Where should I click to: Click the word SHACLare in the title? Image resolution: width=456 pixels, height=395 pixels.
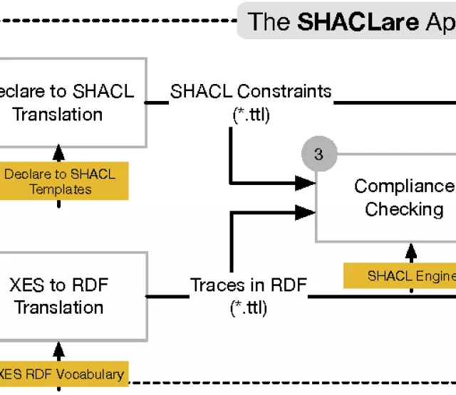[358, 21]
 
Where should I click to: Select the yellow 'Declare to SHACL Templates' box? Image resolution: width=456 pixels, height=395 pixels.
[60, 181]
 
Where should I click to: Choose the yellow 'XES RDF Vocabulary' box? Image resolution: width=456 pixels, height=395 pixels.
[61, 373]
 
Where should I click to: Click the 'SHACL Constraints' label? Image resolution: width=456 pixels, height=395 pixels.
[251, 91]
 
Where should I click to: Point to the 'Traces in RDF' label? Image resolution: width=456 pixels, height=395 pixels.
[248, 285]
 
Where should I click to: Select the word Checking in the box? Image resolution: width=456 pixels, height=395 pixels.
[404, 209]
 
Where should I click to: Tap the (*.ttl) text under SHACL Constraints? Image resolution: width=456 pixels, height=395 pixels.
[251, 115]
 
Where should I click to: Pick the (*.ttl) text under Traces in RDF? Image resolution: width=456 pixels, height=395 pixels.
[248, 308]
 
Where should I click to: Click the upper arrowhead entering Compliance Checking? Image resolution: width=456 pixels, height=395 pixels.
[306, 184]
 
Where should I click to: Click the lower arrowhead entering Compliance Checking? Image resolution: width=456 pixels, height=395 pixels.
[306, 210]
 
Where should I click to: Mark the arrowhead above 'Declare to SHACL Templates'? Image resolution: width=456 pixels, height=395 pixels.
[59, 153]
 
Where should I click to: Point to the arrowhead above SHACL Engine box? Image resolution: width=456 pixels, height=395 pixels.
[410, 251]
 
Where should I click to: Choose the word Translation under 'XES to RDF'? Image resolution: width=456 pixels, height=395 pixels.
[59, 308]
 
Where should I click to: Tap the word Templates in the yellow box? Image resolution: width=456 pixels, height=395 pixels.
[60, 189]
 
